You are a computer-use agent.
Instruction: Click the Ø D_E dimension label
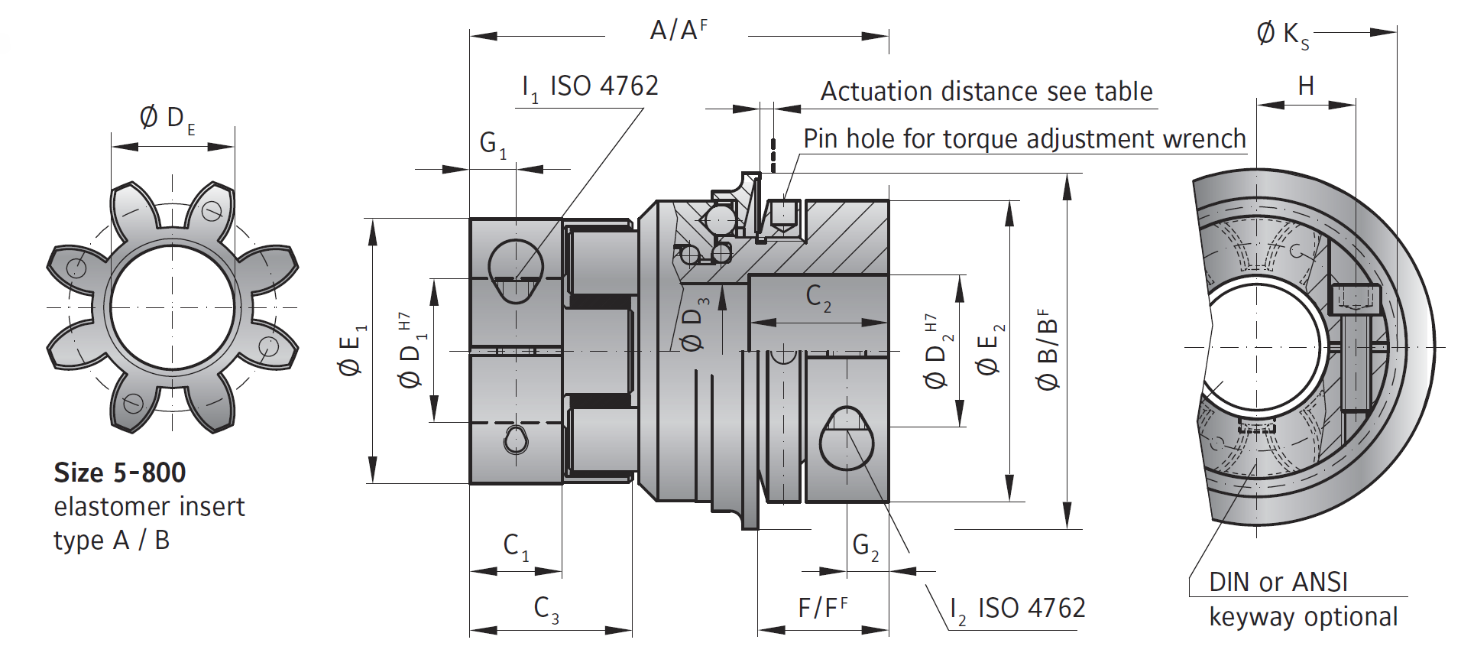click(x=167, y=119)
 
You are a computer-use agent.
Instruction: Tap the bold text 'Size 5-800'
click(x=119, y=473)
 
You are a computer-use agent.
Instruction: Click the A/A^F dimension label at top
click(x=678, y=31)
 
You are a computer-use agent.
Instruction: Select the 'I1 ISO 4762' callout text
click(x=589, y=86)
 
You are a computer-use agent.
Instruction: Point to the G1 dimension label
click(x=492, y=144)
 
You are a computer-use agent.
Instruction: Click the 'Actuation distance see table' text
click(x=986, y=92)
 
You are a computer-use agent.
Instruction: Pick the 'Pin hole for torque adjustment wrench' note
click(x=1024, y=139)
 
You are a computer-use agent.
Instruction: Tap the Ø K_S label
click(x=1282, y=35)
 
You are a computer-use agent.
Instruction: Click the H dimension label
click(x=1306, y=86)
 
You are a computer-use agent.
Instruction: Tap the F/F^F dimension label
click(x=822, y=608)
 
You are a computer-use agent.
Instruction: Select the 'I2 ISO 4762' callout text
click(x=1016, y=609)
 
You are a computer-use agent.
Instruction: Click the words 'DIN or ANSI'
click(x=1278, y=583)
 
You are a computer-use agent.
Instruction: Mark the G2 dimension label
click(x=865, y=546)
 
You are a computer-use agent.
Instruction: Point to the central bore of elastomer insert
click(x=172, y=307)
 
